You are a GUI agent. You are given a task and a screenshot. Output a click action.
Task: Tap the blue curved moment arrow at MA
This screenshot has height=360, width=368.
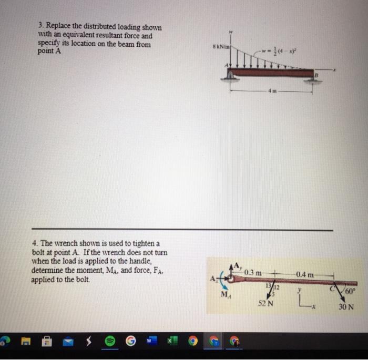tap(226, 283)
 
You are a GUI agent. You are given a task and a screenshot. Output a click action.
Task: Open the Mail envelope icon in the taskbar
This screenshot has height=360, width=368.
tap(69, 342)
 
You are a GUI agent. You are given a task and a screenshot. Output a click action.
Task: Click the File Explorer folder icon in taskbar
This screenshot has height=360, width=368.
tap(26, 342)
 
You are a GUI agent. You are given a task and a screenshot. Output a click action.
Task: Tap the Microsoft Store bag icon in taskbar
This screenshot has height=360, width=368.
tap(47, 342)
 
